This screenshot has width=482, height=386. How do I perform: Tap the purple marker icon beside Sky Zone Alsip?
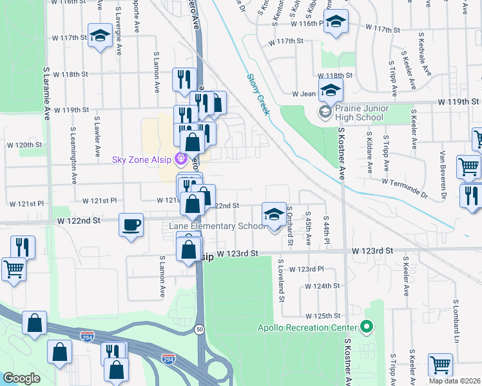[182, 158]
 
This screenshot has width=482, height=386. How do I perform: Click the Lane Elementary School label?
[217, 226]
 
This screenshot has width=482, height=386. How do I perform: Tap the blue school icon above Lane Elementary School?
[274, 214]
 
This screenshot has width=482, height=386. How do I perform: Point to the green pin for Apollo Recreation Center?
[367, 327]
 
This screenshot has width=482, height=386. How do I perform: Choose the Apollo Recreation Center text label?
[309, 327]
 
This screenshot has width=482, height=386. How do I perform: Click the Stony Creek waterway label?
[258, 95]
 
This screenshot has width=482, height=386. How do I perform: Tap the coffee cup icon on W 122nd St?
[131, 225]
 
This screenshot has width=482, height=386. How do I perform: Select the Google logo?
[21, 378]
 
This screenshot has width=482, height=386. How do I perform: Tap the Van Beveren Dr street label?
[443, 174]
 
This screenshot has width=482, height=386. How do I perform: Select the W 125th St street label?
[322, 316]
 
